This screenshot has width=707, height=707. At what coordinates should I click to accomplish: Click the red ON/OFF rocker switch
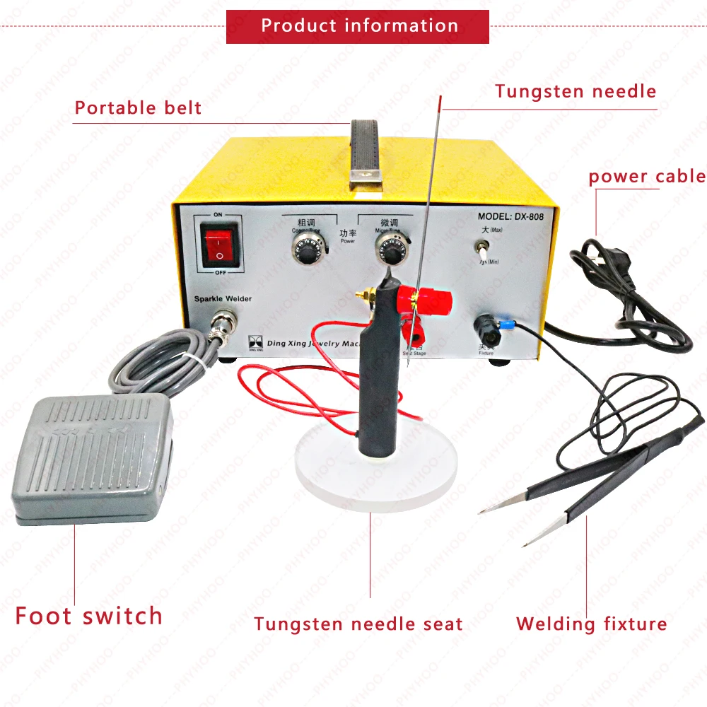tap(219, 244)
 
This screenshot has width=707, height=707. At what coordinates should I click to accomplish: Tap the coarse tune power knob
tap(306, 248)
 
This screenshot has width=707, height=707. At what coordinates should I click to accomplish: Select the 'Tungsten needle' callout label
tap(575, 91)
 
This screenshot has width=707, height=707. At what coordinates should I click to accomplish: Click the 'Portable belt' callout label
tap(138, 108)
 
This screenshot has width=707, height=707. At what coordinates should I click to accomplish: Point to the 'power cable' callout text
tap(647, 176)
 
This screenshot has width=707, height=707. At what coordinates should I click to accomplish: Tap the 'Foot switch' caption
tap(89, 615)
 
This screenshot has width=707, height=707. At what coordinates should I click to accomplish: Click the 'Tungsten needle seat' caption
tap(358, 624)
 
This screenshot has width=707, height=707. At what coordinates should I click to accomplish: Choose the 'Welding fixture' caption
tap(591, 624)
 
